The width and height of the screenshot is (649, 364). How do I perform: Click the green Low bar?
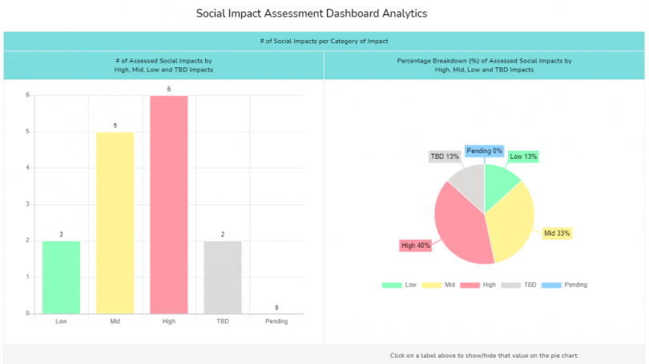pos(61,277)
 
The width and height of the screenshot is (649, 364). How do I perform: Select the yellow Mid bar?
pos(115,222)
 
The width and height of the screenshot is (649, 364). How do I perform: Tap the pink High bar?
pos(169,204)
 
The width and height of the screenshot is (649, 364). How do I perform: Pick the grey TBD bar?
pos(223,277)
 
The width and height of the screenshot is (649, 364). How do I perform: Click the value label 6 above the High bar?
pos(169,89)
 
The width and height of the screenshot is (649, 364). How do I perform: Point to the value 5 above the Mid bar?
pos(115,126)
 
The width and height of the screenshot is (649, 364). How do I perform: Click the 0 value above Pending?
pos(276,308)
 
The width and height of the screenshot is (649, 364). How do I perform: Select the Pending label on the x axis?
pos(276,322)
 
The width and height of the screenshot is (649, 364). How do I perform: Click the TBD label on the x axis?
pos(223,322)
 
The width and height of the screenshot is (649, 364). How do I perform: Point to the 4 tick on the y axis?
pos(27,168)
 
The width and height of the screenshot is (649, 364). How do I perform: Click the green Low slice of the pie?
pos(500,180)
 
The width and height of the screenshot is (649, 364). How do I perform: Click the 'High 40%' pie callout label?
pos(415,245)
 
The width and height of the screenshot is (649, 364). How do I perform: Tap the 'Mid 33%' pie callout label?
pos(557,233)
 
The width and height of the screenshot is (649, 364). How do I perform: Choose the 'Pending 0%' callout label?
pos(484,151)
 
